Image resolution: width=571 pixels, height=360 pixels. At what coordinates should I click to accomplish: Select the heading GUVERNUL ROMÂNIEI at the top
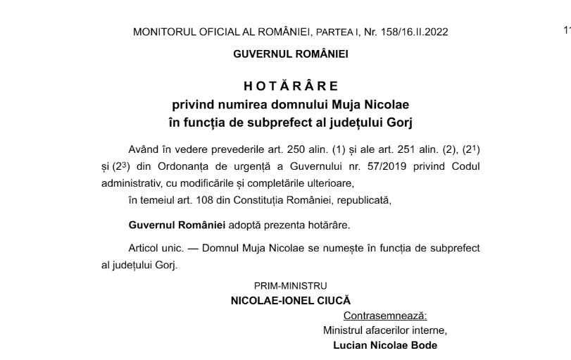[291, 54]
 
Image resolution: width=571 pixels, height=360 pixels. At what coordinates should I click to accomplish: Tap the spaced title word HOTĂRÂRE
[291, 86]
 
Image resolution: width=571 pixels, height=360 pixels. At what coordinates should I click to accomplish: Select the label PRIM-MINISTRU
[291, 286]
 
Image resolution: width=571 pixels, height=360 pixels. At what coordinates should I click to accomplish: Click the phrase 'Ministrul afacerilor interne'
[384, 330]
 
